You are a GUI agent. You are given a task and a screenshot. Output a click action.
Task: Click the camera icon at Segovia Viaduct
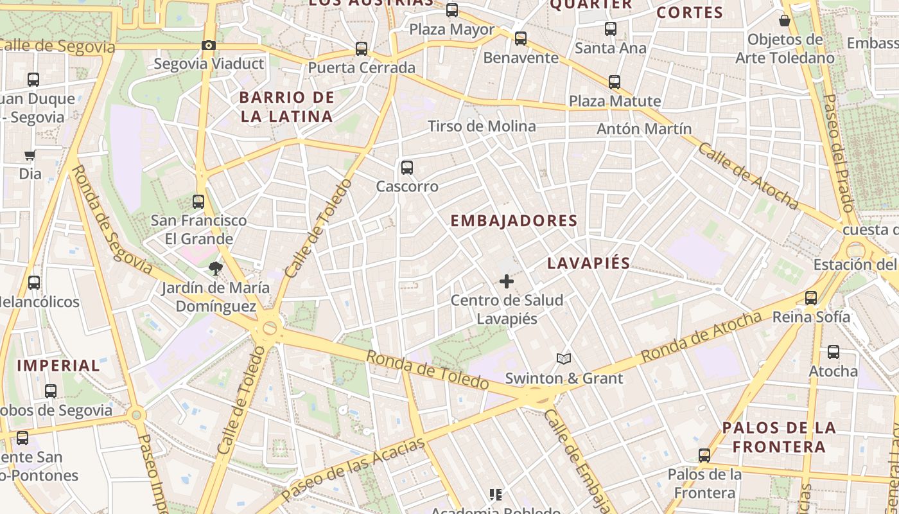coord(208,45)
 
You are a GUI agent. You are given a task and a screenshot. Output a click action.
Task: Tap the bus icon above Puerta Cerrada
coord(362,49)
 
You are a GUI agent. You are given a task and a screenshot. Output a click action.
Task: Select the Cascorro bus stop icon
coord(406,168)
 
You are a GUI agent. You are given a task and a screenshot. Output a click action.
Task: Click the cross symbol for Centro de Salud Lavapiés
coord(507,281)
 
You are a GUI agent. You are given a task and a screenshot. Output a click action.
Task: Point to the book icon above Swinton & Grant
coord(563,359)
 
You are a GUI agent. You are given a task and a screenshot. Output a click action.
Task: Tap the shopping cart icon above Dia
coord(30,155)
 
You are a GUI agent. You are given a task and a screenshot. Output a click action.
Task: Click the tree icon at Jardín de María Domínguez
coord(215,268)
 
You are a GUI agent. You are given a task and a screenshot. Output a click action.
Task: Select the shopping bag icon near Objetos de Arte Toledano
coord(785,21)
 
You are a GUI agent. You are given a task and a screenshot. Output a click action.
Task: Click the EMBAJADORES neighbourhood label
coord(514,221)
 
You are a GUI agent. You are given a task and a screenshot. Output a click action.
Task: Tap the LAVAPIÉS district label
coord(589,263)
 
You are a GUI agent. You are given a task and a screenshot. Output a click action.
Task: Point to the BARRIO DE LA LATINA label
coord(287,107)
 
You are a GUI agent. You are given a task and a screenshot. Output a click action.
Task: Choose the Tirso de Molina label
coord(482,126)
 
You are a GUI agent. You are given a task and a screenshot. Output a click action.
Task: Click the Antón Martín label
coord(644,128)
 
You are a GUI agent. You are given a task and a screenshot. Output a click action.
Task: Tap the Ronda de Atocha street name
coord(701,336)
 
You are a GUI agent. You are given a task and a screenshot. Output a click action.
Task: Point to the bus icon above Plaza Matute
coord(615,82)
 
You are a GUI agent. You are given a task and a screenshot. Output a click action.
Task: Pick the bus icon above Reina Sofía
coord(811,297)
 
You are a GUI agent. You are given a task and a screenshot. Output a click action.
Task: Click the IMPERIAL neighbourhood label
coord(58,366)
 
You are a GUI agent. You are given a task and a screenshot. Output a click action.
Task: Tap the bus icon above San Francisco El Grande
coord(198,201)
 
